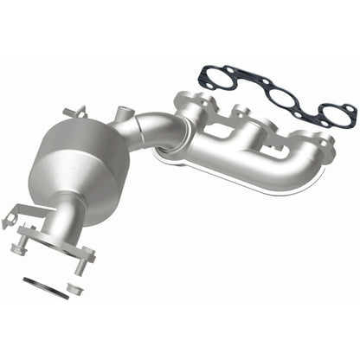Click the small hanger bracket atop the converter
[x=75, y=112]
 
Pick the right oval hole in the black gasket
[x=331, y=112]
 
